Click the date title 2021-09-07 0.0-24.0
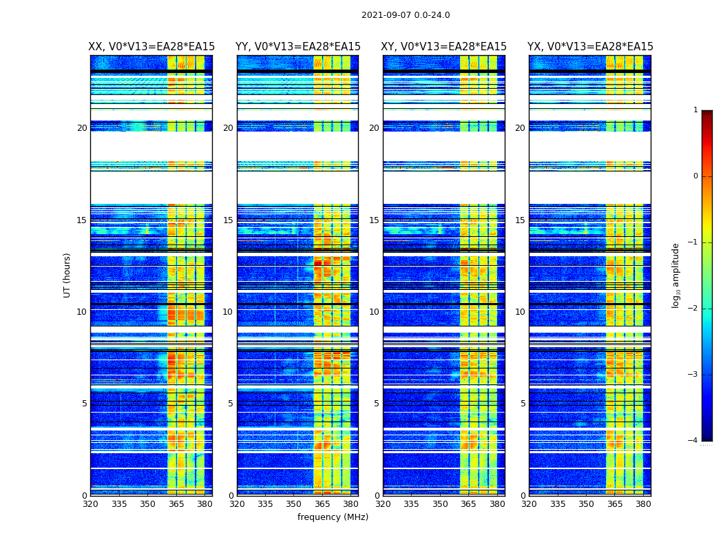(406, 15)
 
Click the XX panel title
(151, 47)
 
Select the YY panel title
(298, 47)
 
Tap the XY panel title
(444, 47)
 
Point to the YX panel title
(590, 47)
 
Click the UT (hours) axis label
(67, 275)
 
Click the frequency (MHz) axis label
(333, 517)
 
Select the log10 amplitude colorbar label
(676, 275)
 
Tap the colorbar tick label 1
(695, 110)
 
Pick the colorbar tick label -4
(693, 441)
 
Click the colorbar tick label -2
(693, 309)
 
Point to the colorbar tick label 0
(695, 176)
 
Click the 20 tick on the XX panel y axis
(82, 128)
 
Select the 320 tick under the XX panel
(90, 504)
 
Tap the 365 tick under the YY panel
(322, 504)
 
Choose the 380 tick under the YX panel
(643, 504)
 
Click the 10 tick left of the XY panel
(374, 312)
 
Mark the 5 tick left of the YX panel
(523, 404)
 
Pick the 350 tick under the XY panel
(440, 504)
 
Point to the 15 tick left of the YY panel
(228, 220)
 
